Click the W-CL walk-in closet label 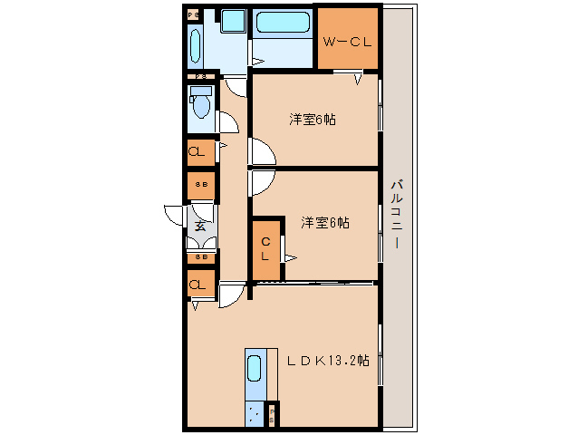[347, 40]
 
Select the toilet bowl [201, 106]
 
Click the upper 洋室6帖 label [313, 119]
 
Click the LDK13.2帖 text [327, 360]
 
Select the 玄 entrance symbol [199, 227]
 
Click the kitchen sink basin [255, 369]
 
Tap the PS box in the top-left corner [194, 15]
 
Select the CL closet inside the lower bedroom [265, 248]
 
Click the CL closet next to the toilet [200, 152]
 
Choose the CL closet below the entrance [199, 285]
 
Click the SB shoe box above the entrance [201, 185]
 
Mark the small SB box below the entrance [201, 256]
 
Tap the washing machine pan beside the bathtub [234, 21]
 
